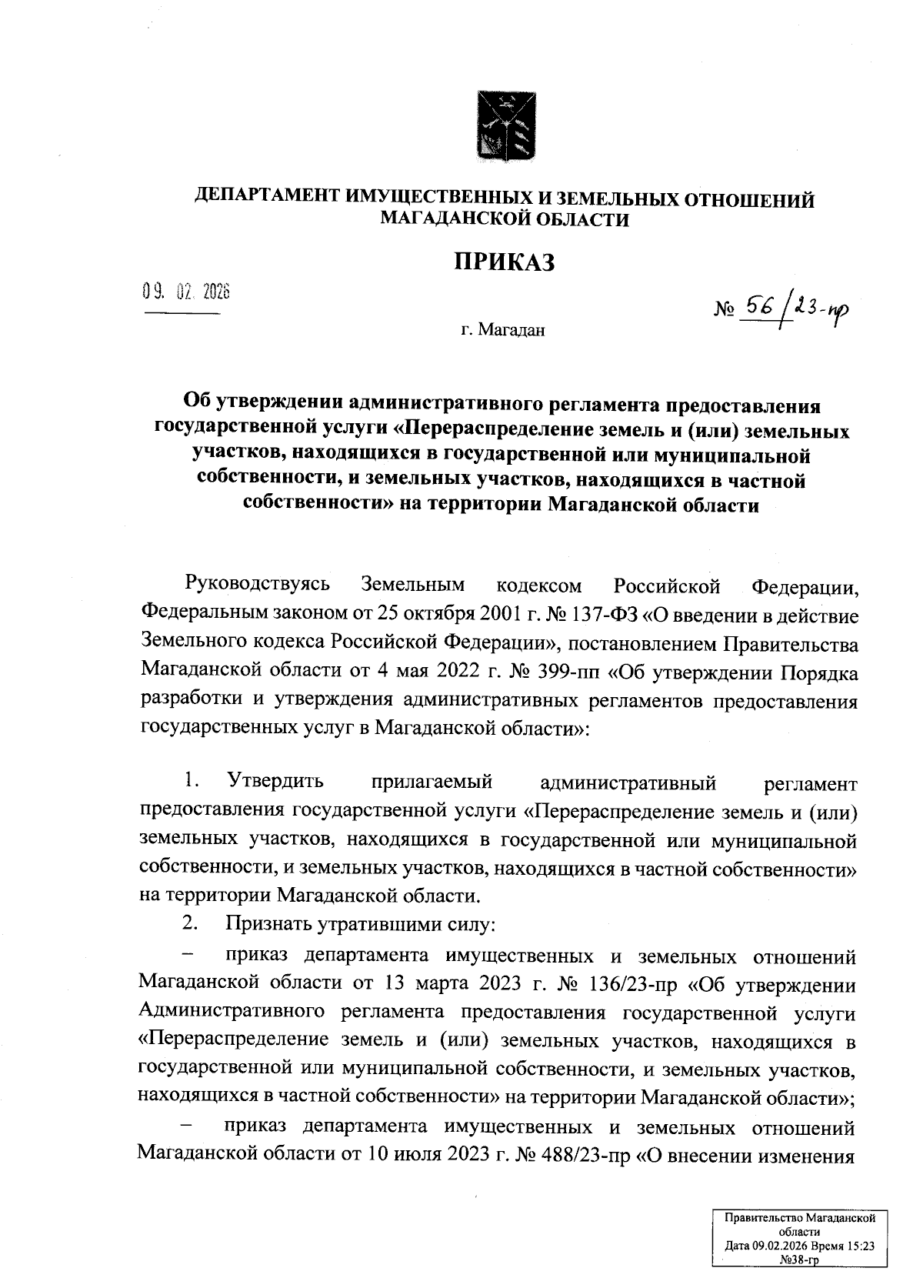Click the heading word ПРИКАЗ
[x=503, y=262]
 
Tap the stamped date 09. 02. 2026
[x=186, y=292]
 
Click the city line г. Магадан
[x=503, y=332]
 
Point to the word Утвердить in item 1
[x=275, y=783]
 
